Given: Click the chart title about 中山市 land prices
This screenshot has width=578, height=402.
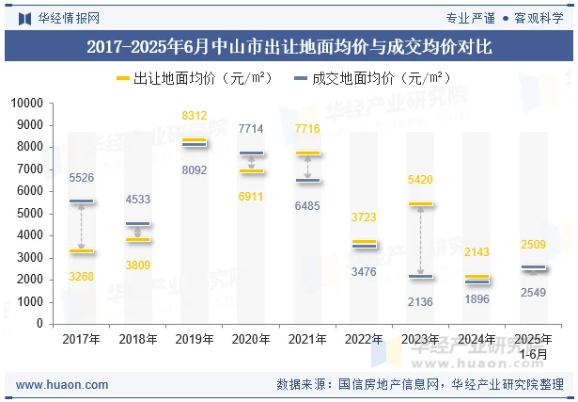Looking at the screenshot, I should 289,45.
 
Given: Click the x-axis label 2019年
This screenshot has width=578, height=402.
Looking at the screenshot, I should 194,339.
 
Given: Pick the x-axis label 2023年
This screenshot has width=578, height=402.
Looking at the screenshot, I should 420,339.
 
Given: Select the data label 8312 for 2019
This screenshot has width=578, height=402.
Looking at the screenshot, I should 195,116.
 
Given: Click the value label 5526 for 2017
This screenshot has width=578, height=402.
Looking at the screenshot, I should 82,177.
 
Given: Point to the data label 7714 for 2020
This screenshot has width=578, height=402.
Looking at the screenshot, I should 251,128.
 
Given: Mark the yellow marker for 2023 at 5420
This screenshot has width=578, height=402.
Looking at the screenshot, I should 420,204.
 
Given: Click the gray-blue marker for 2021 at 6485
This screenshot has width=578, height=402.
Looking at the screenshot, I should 307,181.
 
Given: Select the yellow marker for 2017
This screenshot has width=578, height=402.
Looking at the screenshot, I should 82,251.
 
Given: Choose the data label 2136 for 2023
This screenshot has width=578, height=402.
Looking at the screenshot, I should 420,300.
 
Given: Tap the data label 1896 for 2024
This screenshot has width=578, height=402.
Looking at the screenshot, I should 476,299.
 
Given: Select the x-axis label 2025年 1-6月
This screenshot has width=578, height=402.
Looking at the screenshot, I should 533,346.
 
